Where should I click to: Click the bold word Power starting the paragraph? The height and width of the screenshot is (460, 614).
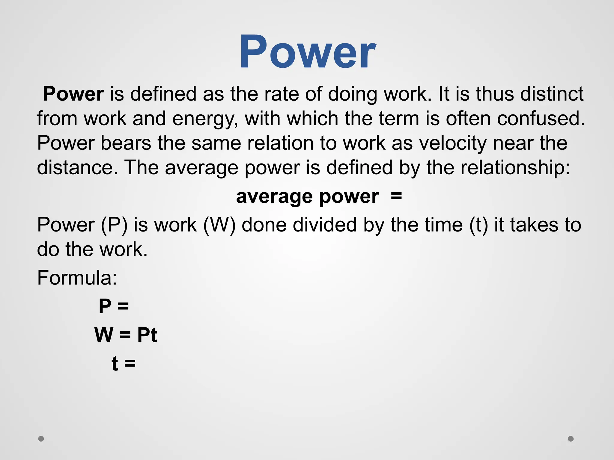(73, 94)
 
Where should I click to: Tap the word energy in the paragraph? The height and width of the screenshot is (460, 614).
(205, 119)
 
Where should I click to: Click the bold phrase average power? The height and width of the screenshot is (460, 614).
(307, 197)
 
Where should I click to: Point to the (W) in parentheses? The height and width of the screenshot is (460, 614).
(219, 225)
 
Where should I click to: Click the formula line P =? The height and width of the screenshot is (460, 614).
(114, 306)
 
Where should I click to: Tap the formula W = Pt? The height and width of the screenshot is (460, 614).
(126, 335)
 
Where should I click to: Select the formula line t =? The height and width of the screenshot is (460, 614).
(124, 363)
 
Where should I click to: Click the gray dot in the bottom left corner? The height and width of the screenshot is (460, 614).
(41, 439)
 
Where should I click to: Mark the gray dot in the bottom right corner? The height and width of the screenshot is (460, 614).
(571, 439)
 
